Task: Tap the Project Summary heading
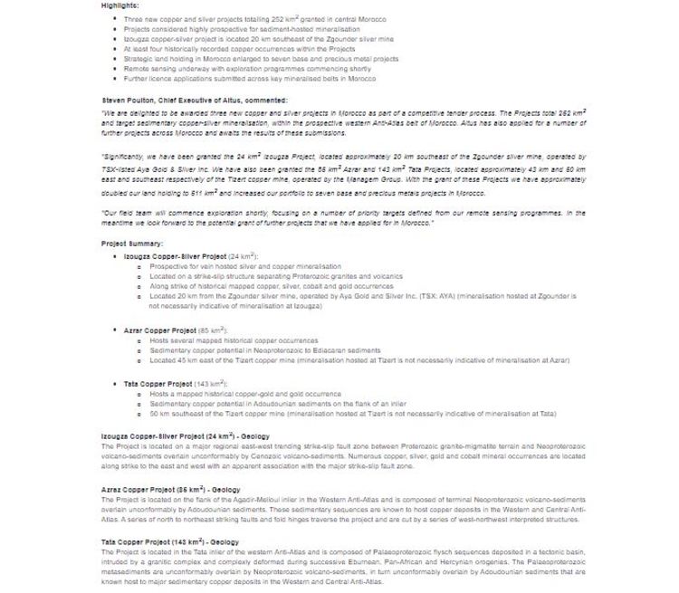tap(132, 244)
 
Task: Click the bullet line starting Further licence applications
tap(249, 79)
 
